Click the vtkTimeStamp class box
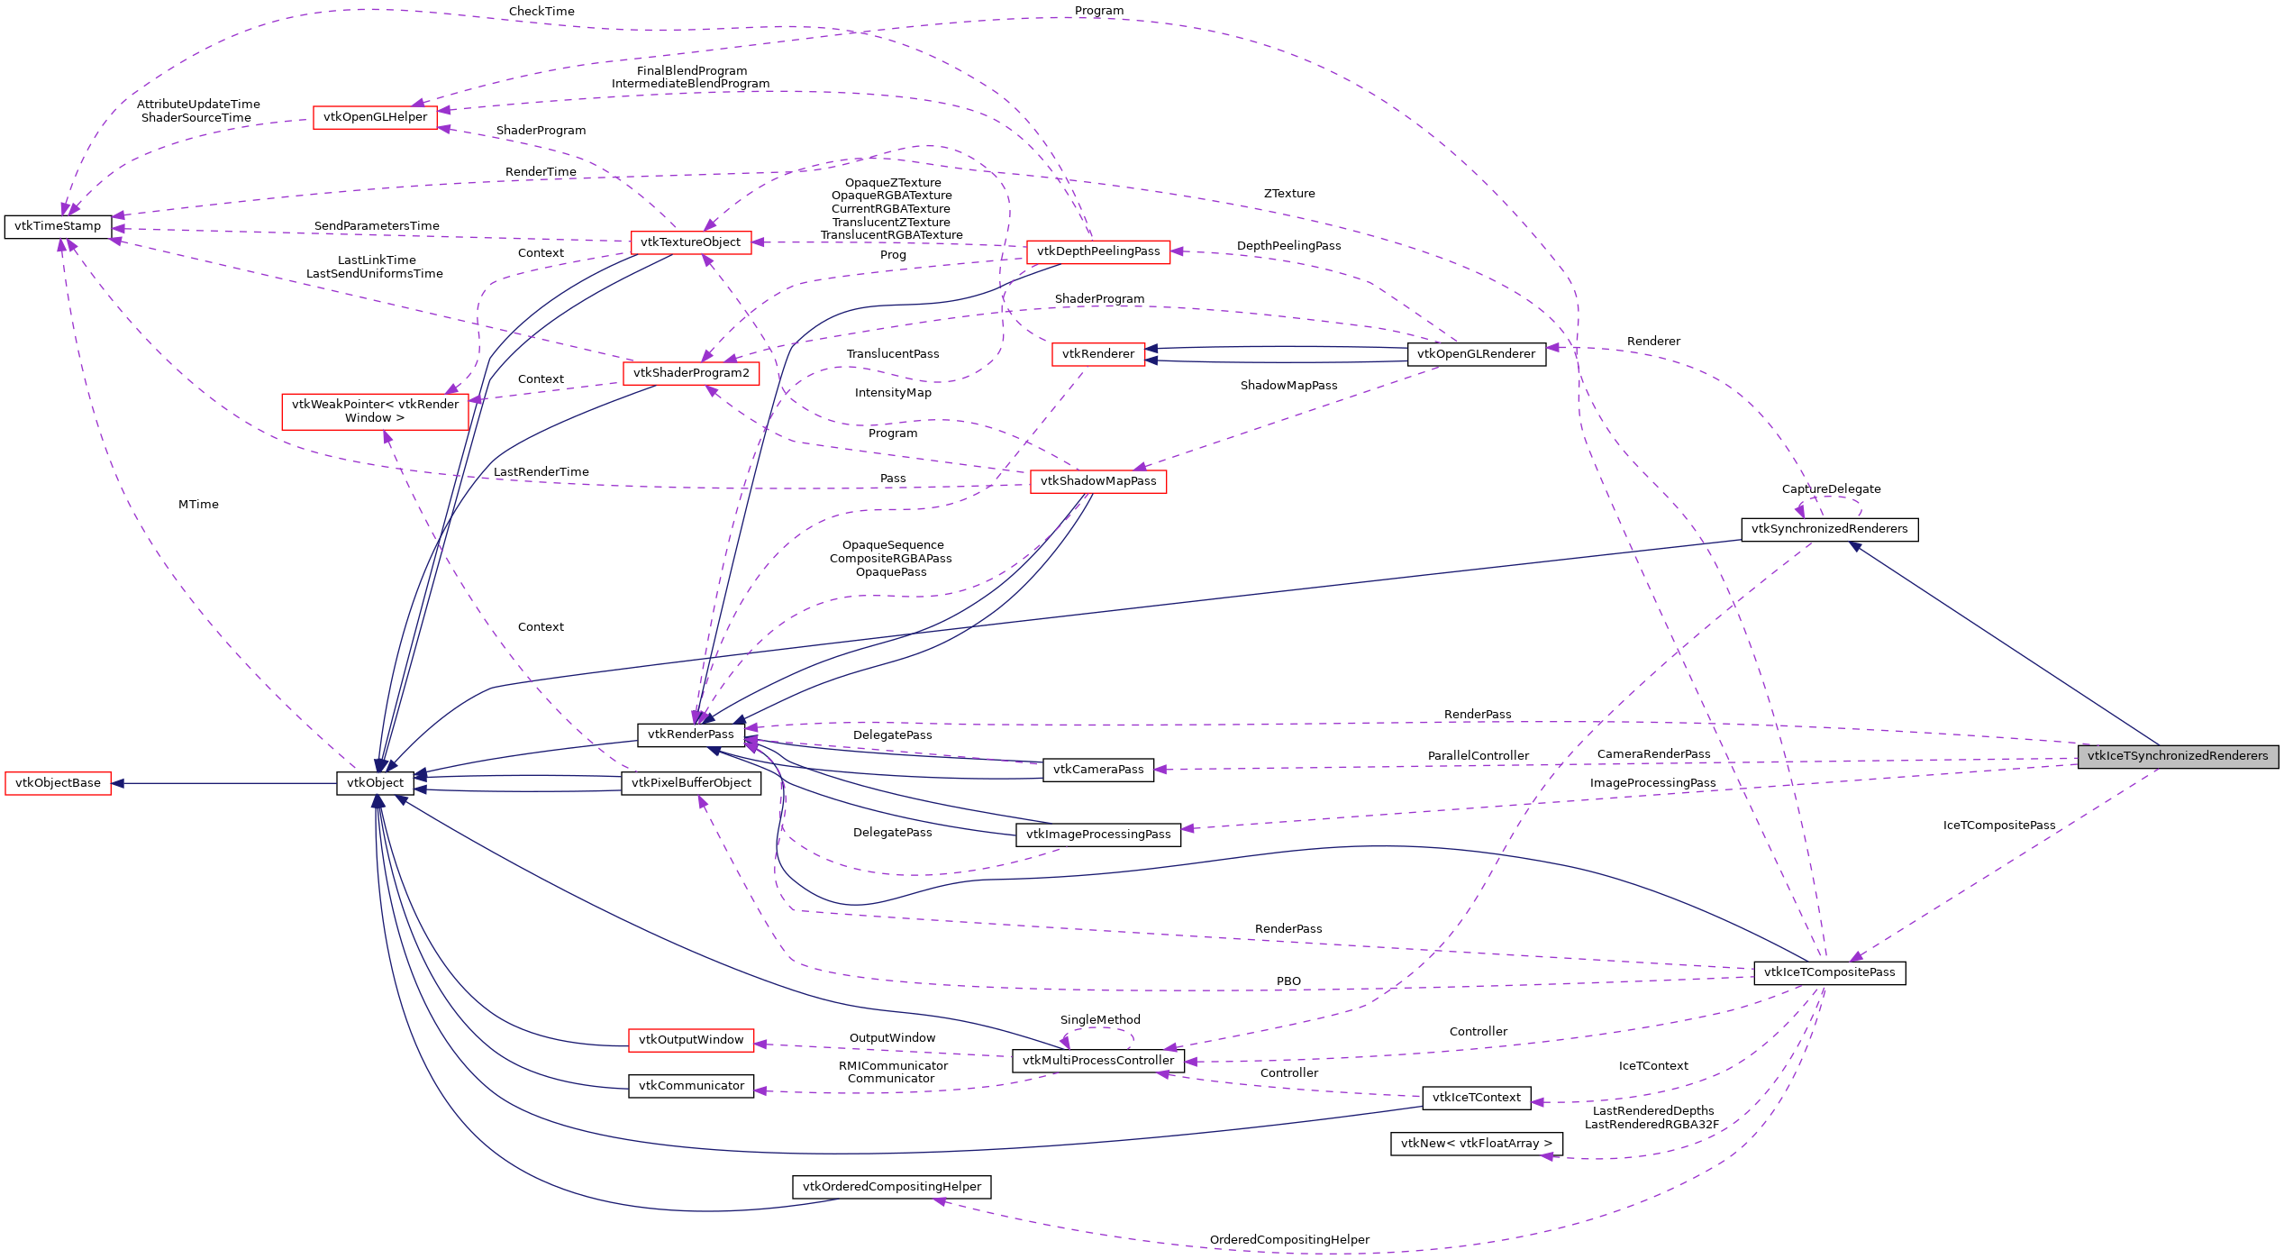click(58, 226)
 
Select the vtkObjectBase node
click(58, 783)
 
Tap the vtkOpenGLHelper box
click(375, 117)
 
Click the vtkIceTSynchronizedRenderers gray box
click(2177, 756)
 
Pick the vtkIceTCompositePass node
click(1829, 972)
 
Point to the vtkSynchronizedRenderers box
click(1829, 529)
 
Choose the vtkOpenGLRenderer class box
click(1476, 354)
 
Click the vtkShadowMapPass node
click(1097, 481)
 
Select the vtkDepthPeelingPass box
click(1097, 251)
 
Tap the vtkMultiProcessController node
click(1097, 1061)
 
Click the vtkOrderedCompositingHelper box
click(891, 1187)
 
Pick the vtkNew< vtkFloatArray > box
click(1476, 1144)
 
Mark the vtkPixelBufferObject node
click(691, 783)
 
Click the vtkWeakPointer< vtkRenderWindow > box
click(375, 411)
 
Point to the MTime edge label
click(198, 505)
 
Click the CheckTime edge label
click(541, 12)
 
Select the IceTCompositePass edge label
click(1998, 826)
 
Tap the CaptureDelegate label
click(1831, 489)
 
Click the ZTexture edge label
click(1288, 194)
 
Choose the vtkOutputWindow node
click(691, 1040)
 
